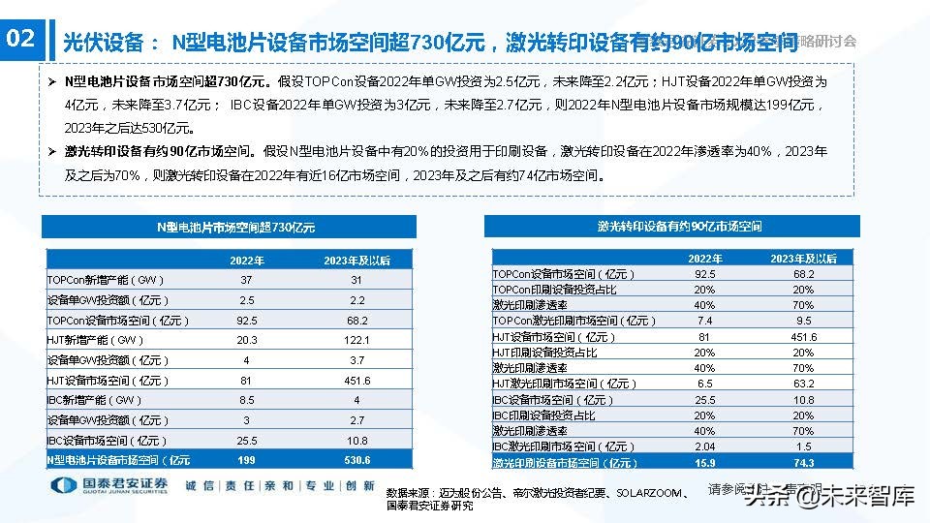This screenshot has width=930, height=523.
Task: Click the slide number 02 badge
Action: click(x=20, y=40)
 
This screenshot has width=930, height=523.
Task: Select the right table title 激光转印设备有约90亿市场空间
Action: click(x=672, y=227)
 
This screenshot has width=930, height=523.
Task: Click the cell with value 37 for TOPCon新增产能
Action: click(x=246, y=279)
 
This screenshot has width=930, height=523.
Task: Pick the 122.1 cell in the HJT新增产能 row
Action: click(x=356, y=340)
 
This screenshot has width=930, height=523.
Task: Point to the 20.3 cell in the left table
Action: click(x=246, y=340)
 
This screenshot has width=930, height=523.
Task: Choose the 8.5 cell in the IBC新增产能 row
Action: click(x=246, y=400)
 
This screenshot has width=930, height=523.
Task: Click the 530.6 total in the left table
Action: click(x=356, y=460)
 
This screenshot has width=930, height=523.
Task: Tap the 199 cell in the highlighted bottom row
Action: click(x=246, y=460)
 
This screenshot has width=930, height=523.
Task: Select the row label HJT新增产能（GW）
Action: click(x=96, y=340)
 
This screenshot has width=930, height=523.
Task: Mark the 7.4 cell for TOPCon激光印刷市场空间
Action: click(x=704, y=321)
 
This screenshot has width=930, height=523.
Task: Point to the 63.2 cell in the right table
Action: click(x=804, y=384)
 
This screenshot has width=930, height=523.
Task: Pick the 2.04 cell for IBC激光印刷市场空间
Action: click(x=704, y=446)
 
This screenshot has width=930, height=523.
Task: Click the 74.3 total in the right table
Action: click(x=804, y=463)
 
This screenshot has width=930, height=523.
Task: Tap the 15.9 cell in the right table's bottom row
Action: click(x=704, y=463)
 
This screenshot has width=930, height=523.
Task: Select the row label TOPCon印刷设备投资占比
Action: click(x=554, y=290)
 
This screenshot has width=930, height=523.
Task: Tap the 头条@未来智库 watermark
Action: click(x=829, y=498)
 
